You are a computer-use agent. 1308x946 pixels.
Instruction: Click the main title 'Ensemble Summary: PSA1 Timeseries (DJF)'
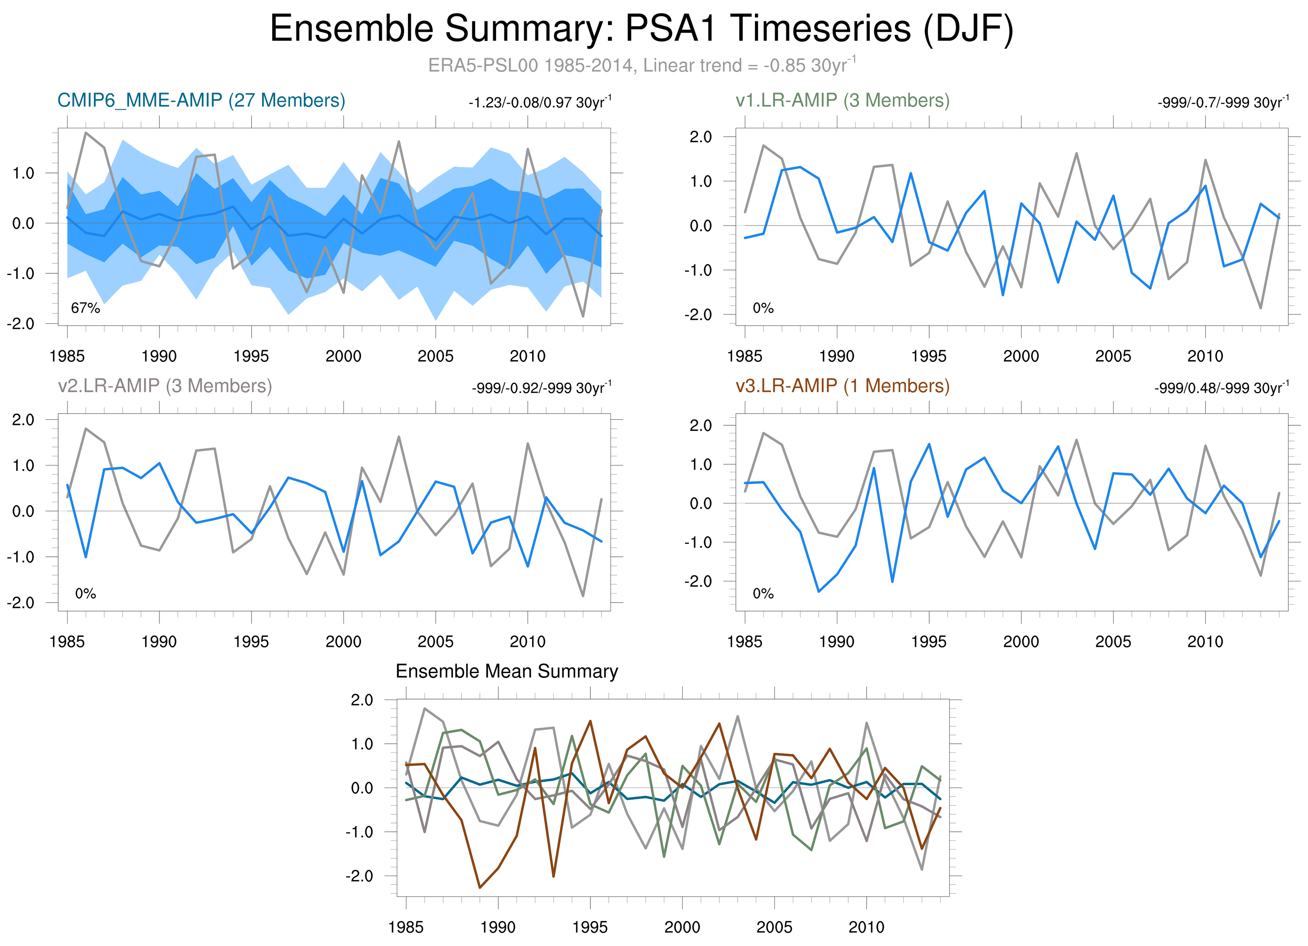[x=641, y=29]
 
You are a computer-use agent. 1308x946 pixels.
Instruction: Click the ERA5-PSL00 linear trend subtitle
[x=641, y=65]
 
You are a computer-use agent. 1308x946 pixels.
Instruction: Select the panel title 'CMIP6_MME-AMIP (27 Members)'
[x=201, y=101]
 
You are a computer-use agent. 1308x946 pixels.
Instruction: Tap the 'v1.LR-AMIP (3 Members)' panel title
[x=843, y=101]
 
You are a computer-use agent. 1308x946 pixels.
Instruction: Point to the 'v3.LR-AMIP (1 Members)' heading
[x=843, y=386]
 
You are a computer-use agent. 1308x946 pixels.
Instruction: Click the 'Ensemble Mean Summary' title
[x=506, y=671]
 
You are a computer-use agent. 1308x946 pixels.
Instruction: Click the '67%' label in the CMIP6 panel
[x=86, y=308]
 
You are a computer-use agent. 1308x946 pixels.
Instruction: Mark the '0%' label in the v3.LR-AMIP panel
[x=763, y=593]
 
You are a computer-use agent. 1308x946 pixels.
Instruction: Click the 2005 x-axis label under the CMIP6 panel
[x=435, y=356]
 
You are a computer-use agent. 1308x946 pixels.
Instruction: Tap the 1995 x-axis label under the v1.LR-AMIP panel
[x=928, y=356]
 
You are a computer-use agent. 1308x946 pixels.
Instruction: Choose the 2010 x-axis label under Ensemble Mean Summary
[x=866, y=927]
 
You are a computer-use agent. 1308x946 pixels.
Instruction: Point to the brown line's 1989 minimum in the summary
[x=480, y=888]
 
